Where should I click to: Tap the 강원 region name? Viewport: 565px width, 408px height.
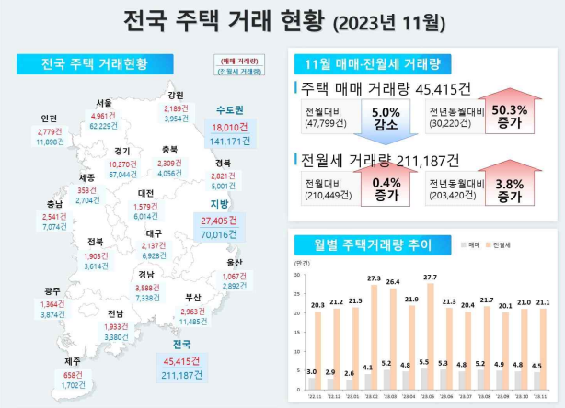point(175,95)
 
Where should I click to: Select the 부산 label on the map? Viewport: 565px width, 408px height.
point(192,297)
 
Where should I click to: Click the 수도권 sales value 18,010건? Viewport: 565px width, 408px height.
point(224,127)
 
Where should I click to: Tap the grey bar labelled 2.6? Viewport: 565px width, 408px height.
point(347,386)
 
